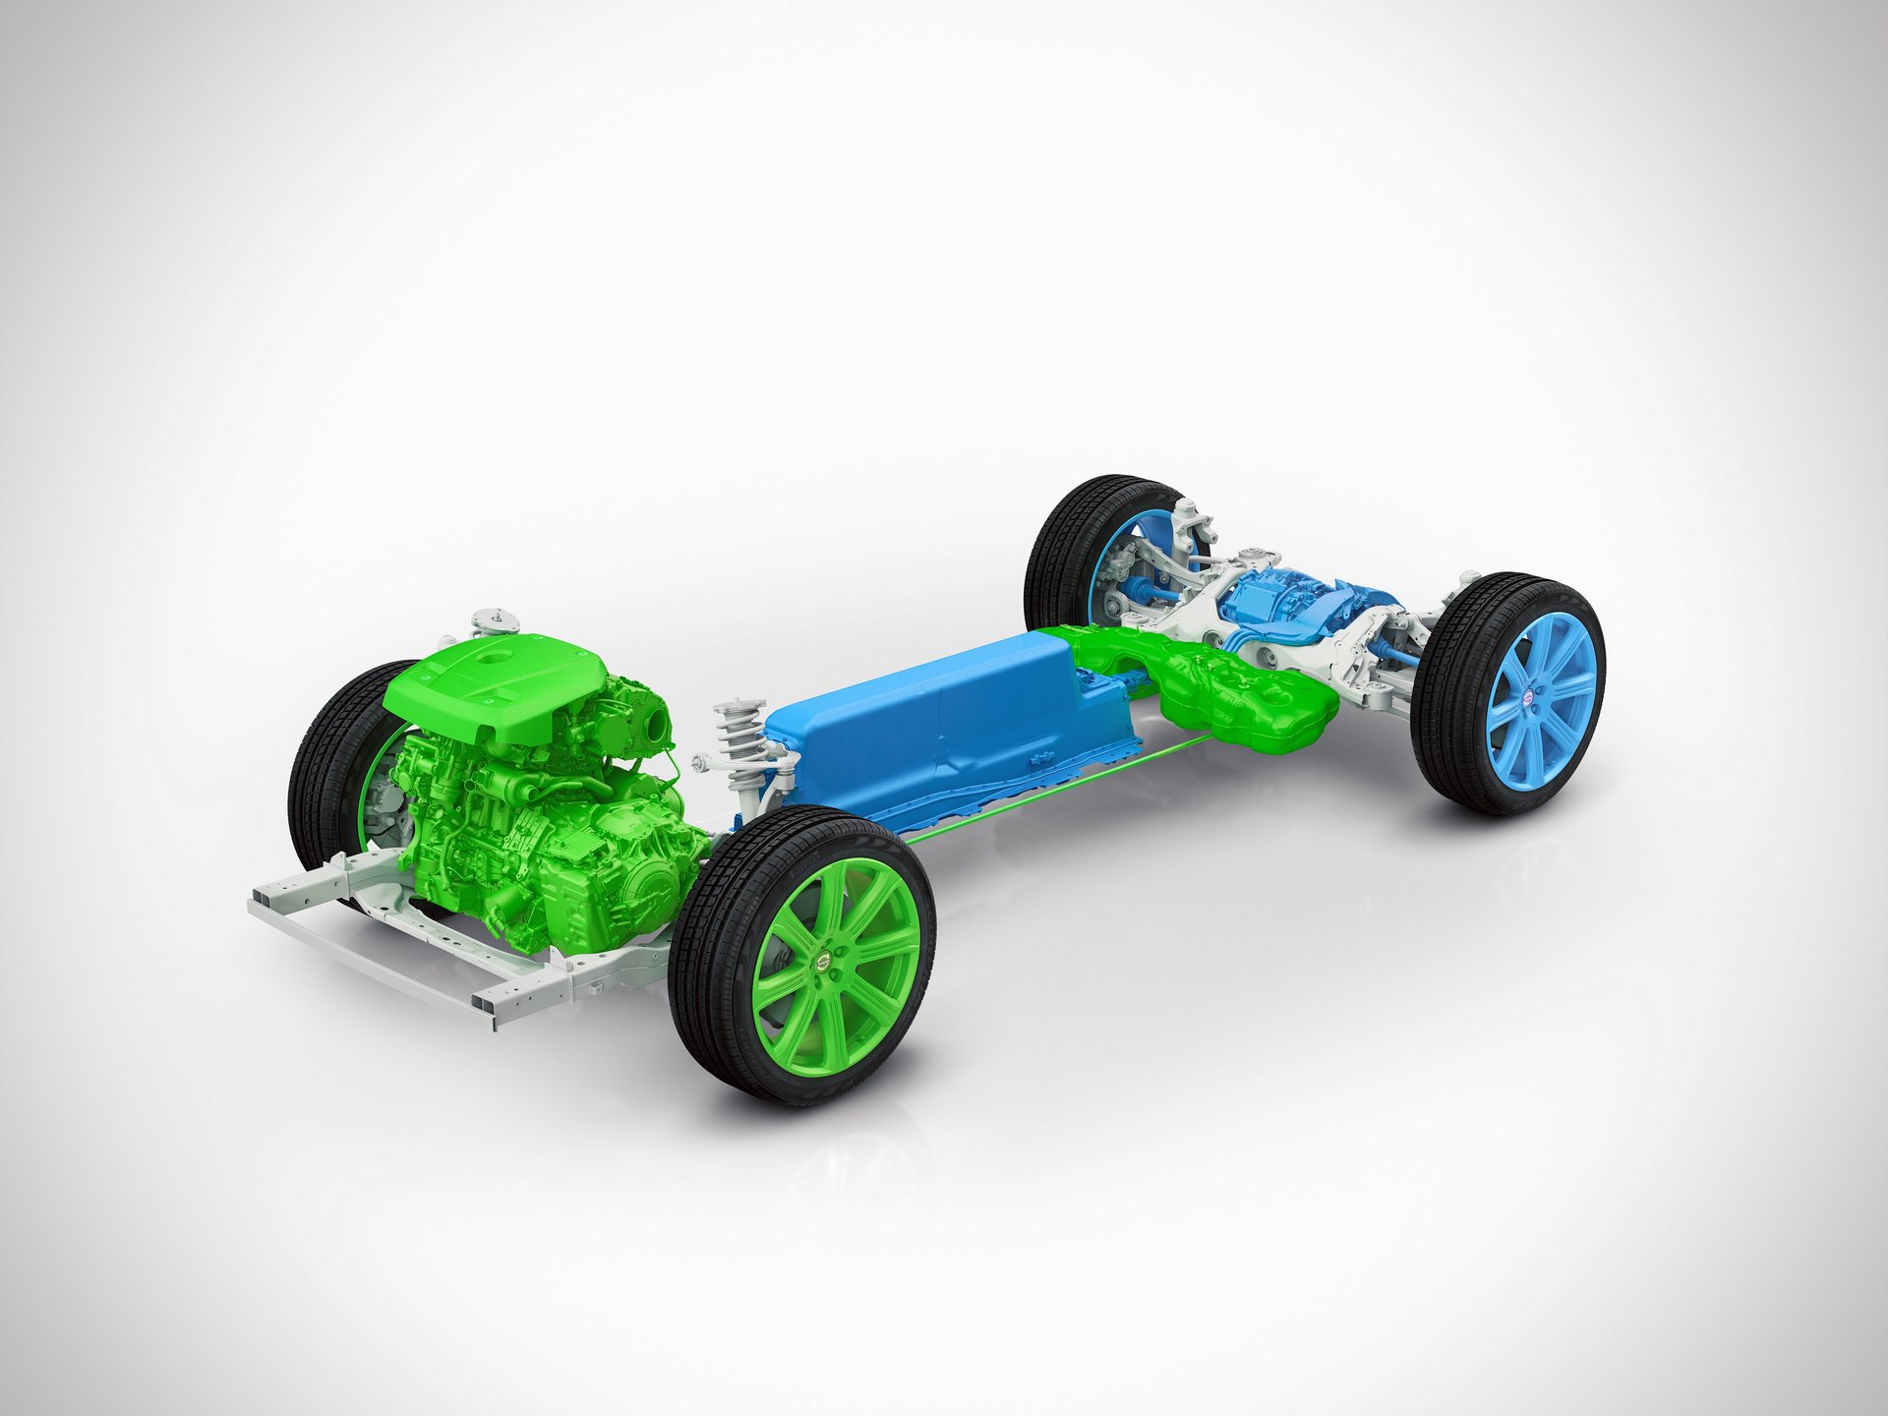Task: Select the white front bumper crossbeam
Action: pos(393,954)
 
